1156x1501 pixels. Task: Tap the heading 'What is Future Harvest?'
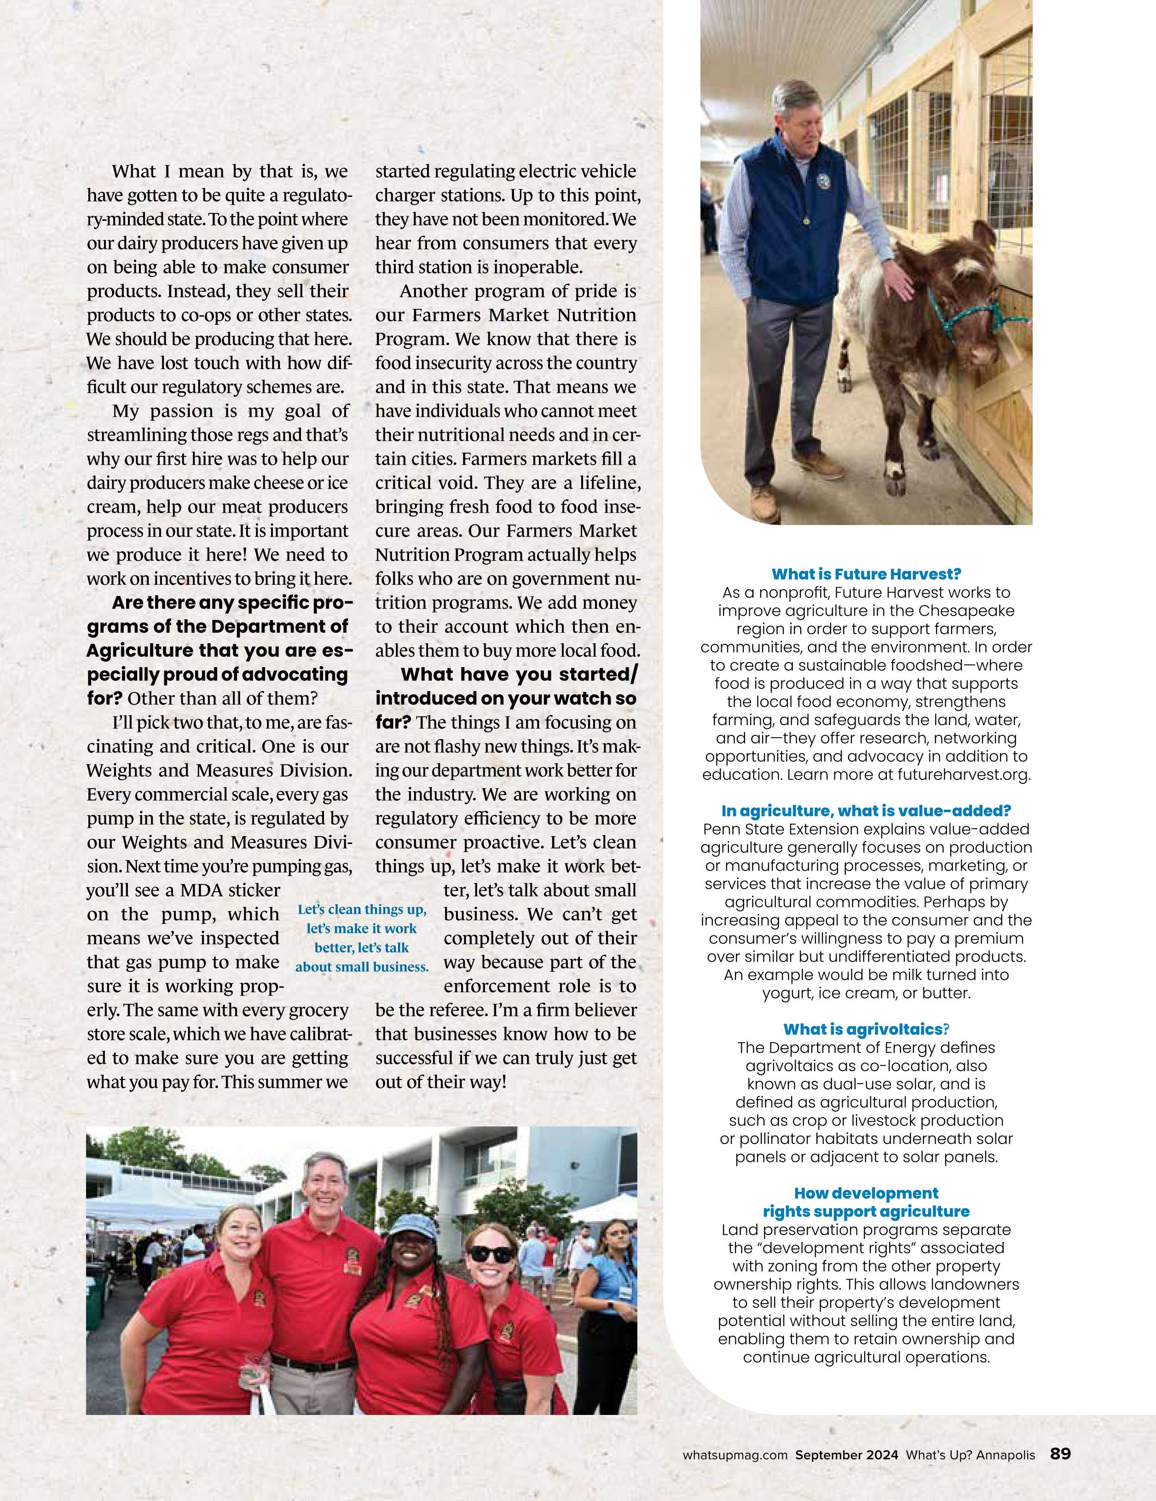point(866,574)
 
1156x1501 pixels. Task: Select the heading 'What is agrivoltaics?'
point(866,1029)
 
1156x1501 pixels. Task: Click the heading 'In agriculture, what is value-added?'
point(866,811)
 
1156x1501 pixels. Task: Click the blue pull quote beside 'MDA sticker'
point(362,938)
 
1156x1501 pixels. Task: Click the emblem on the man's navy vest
point(823,180)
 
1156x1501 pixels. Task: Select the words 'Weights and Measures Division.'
point(219,770)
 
